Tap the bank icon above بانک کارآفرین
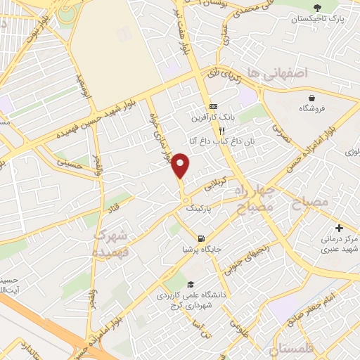tap(213, 106)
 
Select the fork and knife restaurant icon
tap(221, 130)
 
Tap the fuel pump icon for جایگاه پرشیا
tap(202, 238)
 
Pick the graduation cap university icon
tap(191, 283)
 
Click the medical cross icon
tap(339, 228)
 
